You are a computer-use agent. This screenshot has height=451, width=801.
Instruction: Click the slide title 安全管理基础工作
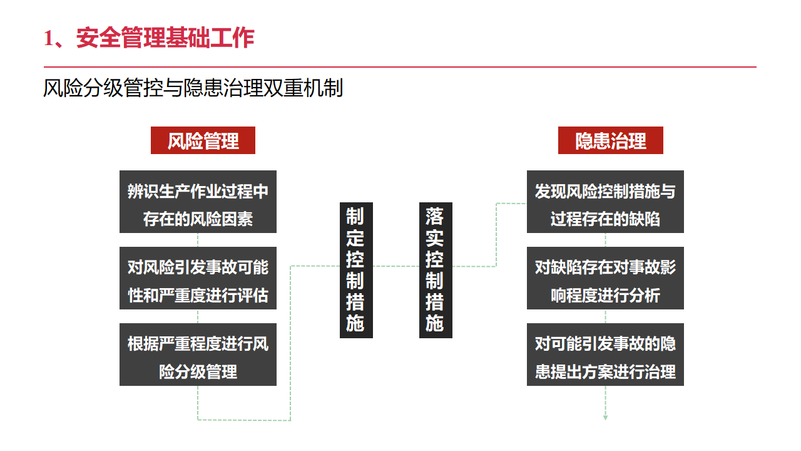coord(165,38)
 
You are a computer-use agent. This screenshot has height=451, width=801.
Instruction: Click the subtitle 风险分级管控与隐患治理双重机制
coord(193,88)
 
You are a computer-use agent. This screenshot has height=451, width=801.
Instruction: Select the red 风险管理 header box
coord(203,140)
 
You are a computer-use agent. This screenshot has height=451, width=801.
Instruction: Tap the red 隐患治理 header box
coord(610,140)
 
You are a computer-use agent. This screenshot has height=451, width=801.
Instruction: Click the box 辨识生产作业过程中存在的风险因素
coord(198,202)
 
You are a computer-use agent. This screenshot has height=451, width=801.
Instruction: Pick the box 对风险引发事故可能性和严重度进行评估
coord(198,278)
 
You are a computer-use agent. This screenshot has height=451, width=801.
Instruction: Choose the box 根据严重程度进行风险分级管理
coord(198,355)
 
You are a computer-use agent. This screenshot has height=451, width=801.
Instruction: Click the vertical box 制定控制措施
coord(356,270)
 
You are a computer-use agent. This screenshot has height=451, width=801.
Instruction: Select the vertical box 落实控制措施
coord(436,270)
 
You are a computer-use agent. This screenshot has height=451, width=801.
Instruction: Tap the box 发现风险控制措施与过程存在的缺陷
coord(605,202)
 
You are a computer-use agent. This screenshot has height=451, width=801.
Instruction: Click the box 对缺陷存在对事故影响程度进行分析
coord(605,278)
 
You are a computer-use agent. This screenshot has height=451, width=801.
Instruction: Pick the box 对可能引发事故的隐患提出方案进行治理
coord(605,355)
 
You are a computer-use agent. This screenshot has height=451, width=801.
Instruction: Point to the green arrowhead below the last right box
coord(605,417)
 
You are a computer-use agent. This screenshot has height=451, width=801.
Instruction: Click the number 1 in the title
coord(48,39)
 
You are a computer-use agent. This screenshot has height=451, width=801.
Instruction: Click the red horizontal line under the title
coord(400,66)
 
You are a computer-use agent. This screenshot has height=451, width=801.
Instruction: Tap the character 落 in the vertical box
coord(435,217)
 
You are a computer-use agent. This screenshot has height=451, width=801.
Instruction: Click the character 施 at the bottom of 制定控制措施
coord(355,323)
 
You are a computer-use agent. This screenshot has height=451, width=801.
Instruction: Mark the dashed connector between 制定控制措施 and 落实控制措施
coord(396,266)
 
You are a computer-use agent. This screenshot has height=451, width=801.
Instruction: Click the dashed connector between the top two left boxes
coord(198,240)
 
